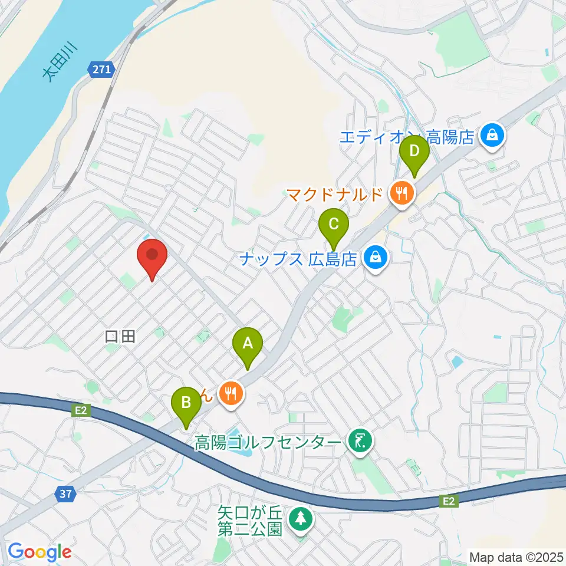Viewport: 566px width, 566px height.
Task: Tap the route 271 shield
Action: coord(101,70)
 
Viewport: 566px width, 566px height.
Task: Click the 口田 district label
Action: coord(120,337)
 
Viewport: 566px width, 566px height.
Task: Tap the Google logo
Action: coord(40,552)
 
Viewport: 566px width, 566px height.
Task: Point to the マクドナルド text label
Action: coord(335,193)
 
